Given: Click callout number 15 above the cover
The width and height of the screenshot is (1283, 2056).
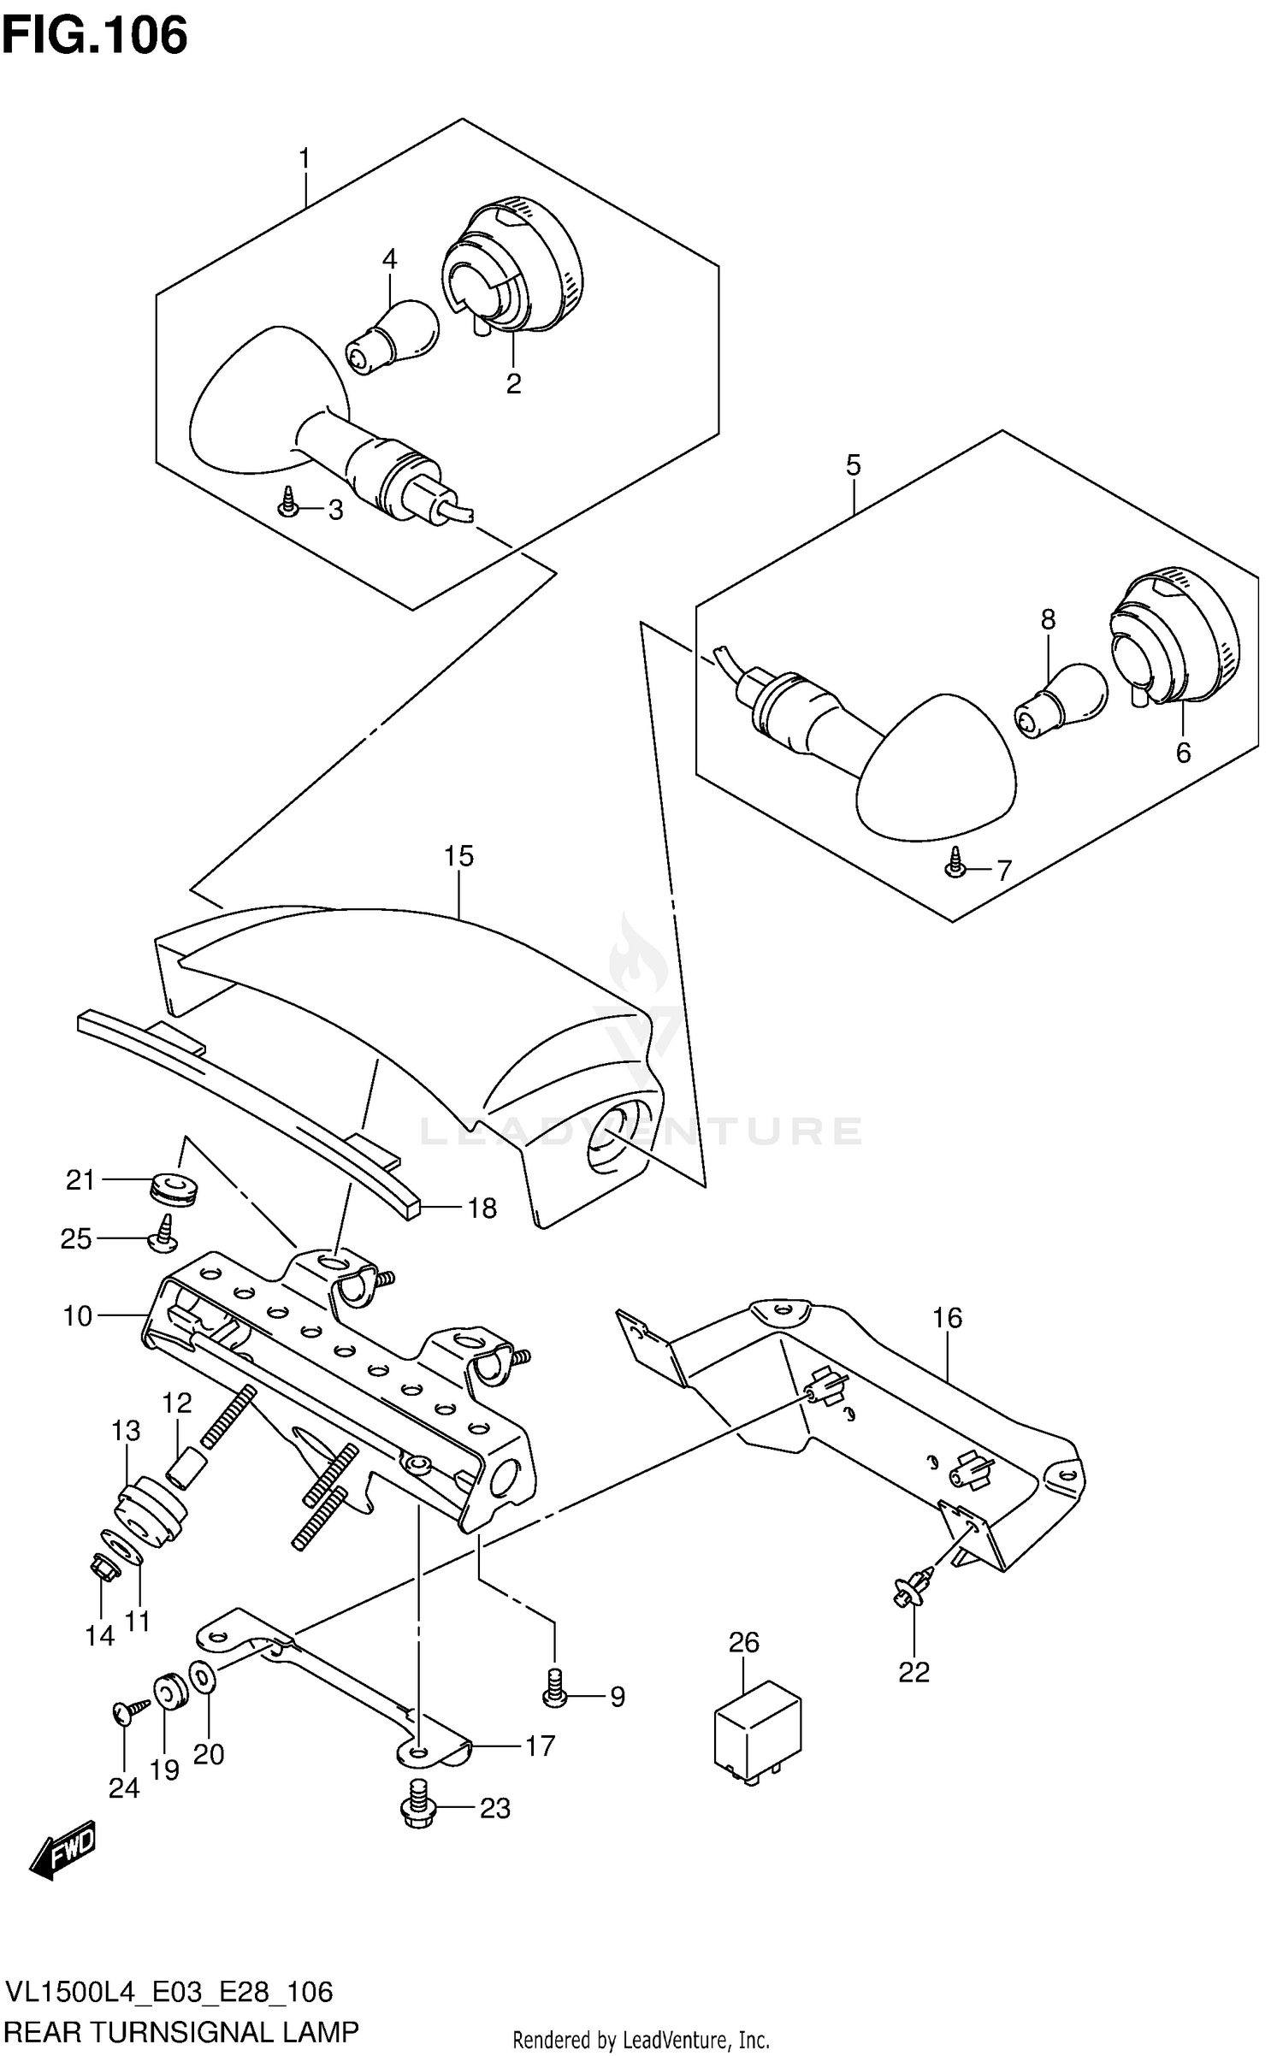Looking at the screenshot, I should coord(458,856).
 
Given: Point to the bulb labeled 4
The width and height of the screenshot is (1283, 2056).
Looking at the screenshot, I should coord(393,338).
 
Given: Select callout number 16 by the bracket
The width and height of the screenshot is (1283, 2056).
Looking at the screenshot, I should coord(947,1318).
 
